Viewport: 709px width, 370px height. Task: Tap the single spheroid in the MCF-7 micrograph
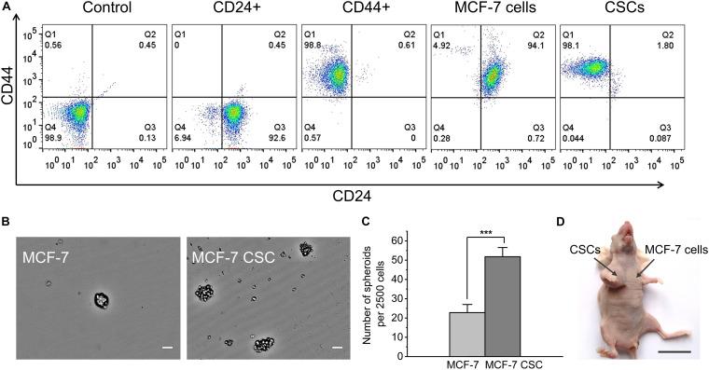(103, 300)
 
